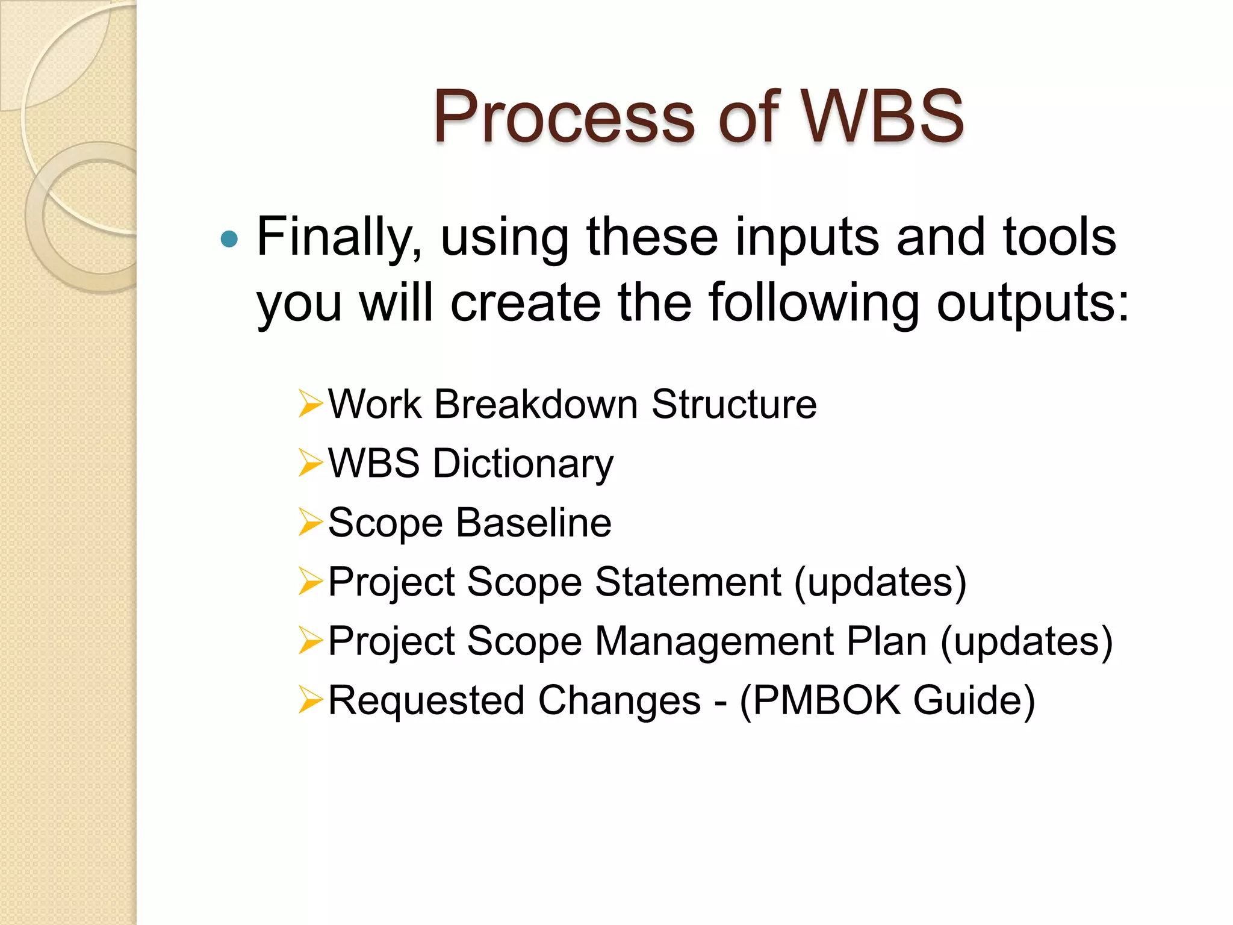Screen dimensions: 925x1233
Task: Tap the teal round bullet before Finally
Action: tap(229, 240)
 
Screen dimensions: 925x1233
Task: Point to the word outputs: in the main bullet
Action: tap(1033, 303)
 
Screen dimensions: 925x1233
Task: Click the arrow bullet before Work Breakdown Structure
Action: tap(311, 403)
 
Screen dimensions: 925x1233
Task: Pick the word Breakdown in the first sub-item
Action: tap(535, 403)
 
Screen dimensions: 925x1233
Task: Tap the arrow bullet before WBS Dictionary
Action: tap(311, 463)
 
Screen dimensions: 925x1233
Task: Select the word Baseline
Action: tap(533, 522)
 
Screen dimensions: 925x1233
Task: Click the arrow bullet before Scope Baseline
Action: tap(311, 522)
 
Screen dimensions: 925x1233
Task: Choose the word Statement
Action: tap(688, 582)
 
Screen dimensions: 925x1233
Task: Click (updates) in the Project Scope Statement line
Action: tap(880, 583)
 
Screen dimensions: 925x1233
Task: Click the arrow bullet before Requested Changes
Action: tap(311, 700)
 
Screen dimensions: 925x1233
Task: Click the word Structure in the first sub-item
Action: tap(734, 403)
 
